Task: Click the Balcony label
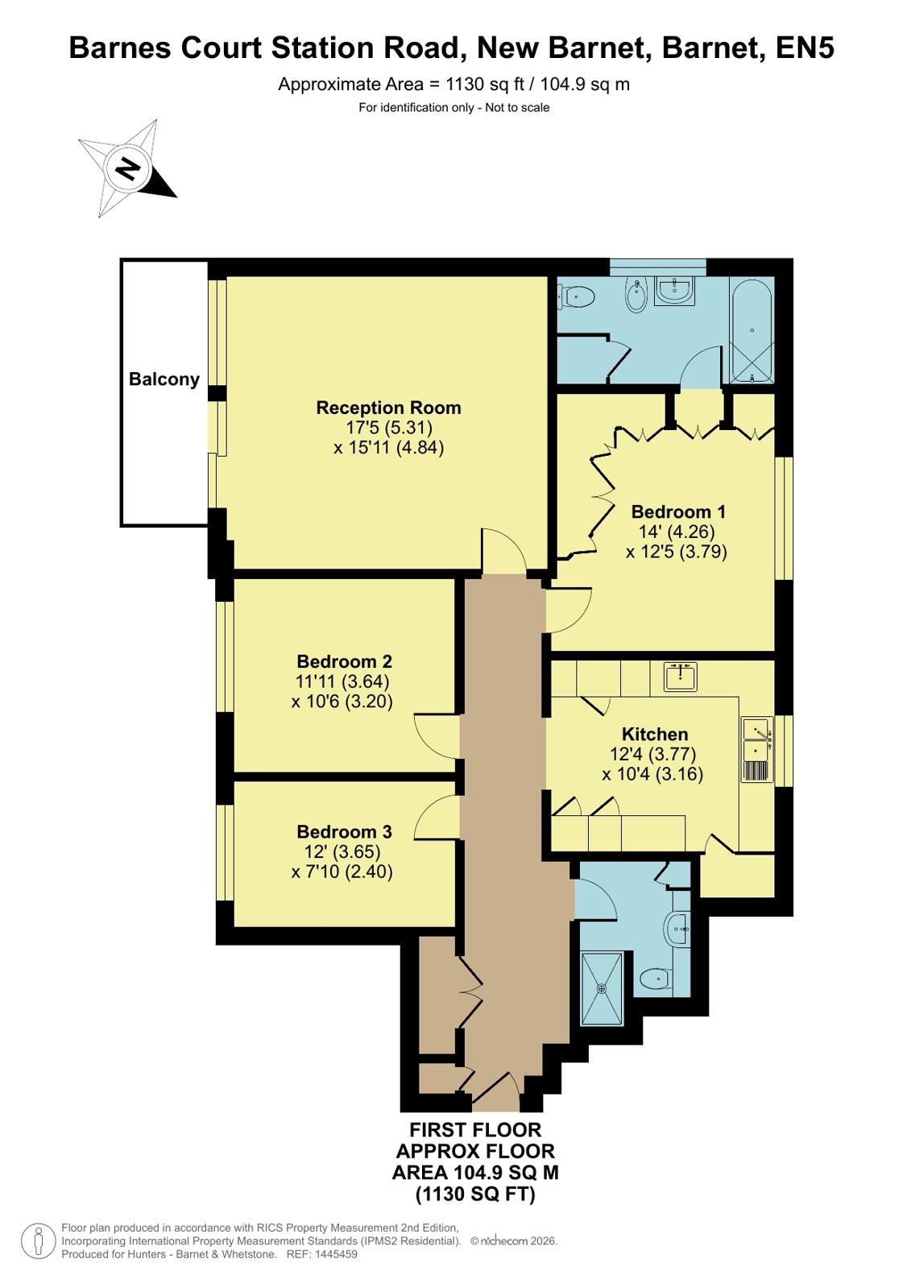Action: point(164,379)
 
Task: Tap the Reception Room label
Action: point(389,408)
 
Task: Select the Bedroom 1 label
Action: point(678,511)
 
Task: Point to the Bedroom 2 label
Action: point(344,661)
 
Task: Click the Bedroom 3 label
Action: point(344,831)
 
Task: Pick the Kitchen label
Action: point(655,734)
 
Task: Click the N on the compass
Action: point(129,168)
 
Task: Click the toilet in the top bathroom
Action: point(576,297)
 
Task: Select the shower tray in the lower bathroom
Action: point(602,988)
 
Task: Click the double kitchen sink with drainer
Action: point(757,750)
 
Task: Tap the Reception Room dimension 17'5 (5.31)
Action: point(389,428)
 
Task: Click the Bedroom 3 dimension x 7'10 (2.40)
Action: point(342,872)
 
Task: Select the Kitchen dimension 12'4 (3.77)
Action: point(652,754)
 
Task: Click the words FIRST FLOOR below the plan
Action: point(475,1130)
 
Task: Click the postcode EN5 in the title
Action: point(805,48)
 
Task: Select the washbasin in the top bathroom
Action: point(675,290)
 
